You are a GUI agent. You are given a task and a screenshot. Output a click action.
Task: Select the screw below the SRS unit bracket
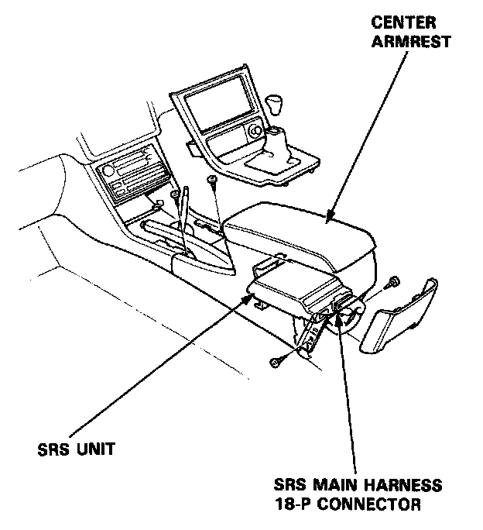(276, 363)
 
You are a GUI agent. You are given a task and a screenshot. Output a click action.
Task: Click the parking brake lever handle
(183, 205)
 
